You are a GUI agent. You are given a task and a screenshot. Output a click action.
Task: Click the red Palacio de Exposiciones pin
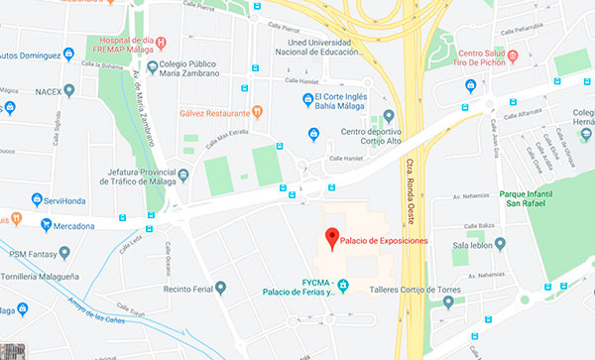[331, 239]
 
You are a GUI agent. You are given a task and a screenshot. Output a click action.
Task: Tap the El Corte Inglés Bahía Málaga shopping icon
[307, 97]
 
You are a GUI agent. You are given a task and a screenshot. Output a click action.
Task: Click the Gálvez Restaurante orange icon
[257, 112]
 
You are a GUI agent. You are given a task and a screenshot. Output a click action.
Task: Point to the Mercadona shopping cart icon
[46, 224]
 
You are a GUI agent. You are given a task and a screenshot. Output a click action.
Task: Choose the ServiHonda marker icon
[36, 199]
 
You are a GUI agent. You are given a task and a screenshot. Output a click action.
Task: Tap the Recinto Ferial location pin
[220, 288]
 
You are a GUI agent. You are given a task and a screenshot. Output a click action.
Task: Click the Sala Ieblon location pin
[500, 243]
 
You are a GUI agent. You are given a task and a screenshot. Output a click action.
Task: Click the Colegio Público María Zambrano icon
[153, 68]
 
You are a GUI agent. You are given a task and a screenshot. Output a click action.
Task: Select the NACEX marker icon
[69, 89]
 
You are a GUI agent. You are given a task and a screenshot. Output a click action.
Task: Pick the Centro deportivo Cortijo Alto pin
[389, 116]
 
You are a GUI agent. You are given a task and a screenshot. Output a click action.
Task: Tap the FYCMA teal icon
[343, 287]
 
